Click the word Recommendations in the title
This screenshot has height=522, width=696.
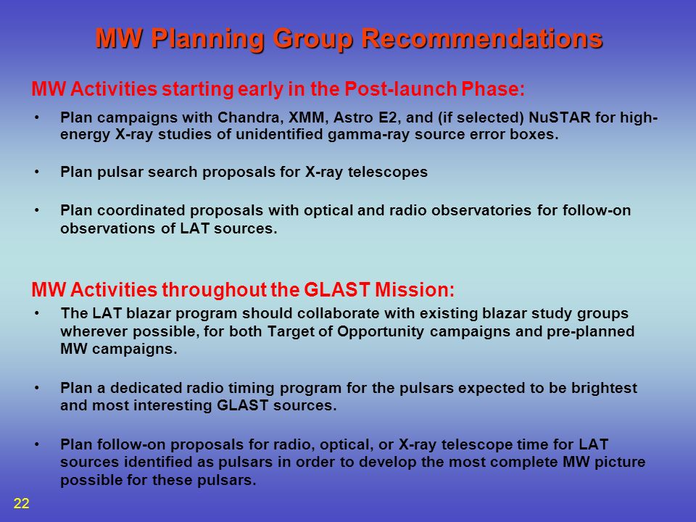tap(482, 38)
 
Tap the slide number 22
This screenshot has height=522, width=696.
tap(21, 503)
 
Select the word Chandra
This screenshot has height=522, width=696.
tap(251, 117)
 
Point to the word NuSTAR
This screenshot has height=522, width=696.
tap(560, 117)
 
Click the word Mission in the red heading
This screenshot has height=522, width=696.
tap(415, 290)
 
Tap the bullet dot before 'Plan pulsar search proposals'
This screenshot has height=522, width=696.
tap(37, 171)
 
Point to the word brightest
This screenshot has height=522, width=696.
tap(604, 388)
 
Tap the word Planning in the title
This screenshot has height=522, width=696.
tap(208, 39)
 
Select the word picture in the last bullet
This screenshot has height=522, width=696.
tap(620, 462)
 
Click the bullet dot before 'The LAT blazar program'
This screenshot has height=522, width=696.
tap(37, 313)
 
